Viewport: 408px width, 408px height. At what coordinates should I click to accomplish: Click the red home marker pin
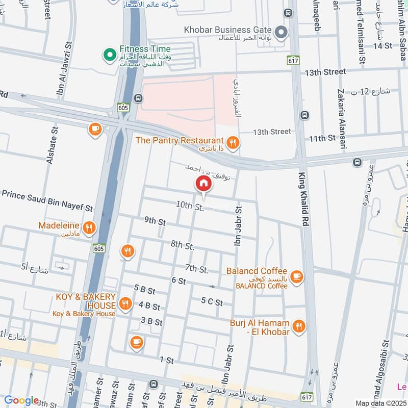pos(203,184)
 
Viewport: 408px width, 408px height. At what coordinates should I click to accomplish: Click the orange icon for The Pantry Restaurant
pos(233,143)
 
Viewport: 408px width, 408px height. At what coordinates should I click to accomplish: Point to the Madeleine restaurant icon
pos(89,228)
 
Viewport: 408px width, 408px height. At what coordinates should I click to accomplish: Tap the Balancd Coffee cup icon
pos(296,277)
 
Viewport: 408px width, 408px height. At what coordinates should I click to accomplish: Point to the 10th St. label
pos(190,206)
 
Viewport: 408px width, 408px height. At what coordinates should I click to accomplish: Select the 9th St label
pos(155,221)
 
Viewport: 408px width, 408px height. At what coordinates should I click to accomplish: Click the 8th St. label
pos(183,245)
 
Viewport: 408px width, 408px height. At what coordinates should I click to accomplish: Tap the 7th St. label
pos(197,268)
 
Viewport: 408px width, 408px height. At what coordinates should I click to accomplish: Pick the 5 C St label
pos(212,301)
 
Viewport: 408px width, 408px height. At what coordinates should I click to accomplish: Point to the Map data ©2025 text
pos(380,403)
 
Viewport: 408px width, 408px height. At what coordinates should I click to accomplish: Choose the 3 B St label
pos(151,322)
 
